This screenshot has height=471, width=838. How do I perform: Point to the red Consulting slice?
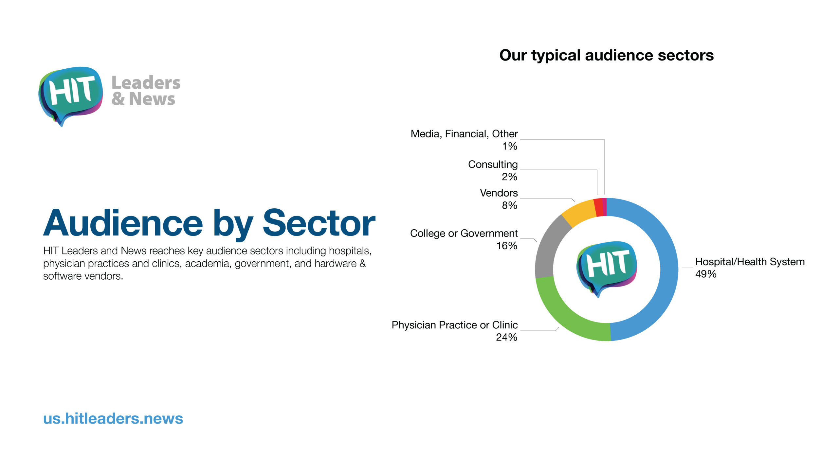click(599, 207)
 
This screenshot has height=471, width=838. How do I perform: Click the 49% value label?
click(706, 274)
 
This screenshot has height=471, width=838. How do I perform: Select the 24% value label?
click(506, 337)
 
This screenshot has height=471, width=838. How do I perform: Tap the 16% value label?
click(507, 246)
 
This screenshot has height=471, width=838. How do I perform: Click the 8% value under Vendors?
click(509, 205)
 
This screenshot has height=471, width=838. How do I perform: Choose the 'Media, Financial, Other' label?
click(464, 134)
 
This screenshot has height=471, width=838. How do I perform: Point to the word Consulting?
click(493, 164)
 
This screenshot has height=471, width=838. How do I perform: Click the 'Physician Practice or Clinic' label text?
click(455, 325)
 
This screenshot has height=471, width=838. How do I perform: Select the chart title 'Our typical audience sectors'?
click(607, 55)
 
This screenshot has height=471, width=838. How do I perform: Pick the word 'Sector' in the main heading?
click(319, 223)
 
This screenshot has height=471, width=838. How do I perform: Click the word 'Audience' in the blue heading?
click(123, 223)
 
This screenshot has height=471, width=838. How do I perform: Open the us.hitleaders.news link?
click(113, 419)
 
